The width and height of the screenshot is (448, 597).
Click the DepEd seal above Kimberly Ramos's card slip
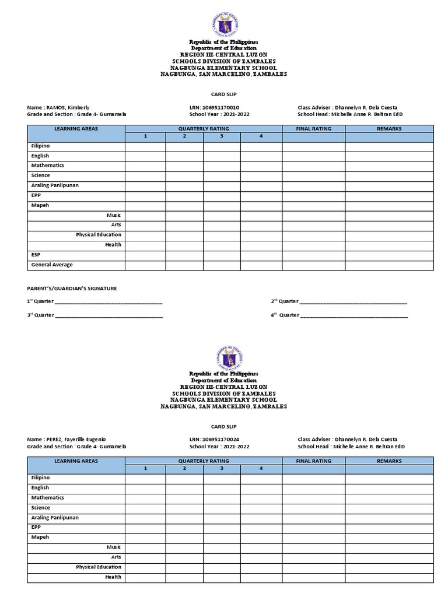[x=223, y=25]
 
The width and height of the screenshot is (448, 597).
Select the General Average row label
[x=52, y=265]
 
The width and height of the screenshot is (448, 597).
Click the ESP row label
[x=36, y=255]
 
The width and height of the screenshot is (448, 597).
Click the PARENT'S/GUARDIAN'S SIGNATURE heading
[x=72, y=289]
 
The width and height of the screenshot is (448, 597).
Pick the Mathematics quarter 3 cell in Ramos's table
[x=222, y=166]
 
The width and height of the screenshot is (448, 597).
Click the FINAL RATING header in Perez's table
[x=313, y=461]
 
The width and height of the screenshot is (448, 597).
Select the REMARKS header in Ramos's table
[x=389, y=129]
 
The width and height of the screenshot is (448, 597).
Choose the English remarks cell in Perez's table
[x=389, y=489]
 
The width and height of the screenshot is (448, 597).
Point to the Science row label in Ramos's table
[x=41, y=175]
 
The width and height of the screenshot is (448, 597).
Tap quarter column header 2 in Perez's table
[x=184, y=469]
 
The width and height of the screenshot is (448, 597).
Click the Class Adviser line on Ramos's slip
[x=350, y=107]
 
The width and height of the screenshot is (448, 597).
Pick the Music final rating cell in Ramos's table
[x=313, y=216]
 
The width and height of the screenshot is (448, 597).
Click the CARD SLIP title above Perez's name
[x=223, y=426]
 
